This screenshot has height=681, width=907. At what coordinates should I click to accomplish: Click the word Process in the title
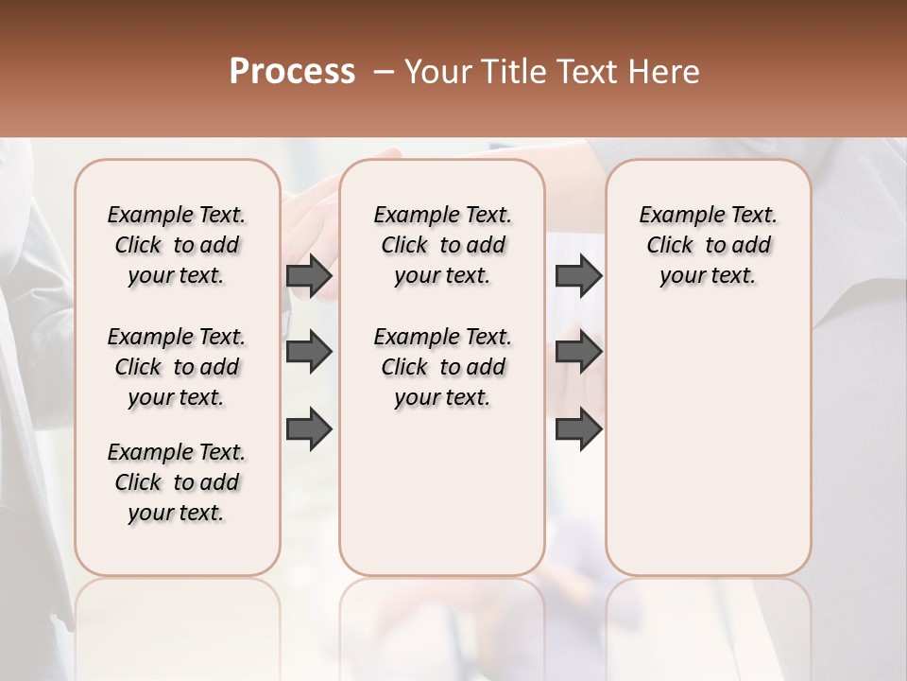291,71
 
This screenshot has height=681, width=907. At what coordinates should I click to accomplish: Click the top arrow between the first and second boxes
309,275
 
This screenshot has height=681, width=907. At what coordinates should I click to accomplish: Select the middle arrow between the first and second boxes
309,352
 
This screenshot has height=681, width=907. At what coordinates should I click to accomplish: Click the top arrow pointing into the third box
578,275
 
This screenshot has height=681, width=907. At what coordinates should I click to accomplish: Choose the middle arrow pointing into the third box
578,352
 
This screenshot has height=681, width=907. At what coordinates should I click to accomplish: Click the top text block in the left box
177,245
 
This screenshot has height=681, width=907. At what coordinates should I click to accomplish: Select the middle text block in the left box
177,367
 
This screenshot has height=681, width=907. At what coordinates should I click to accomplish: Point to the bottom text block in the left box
177,482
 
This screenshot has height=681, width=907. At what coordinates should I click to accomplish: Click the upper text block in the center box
442,245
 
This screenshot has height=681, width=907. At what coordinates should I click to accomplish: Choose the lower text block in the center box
442,367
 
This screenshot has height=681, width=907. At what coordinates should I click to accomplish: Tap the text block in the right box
709,245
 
